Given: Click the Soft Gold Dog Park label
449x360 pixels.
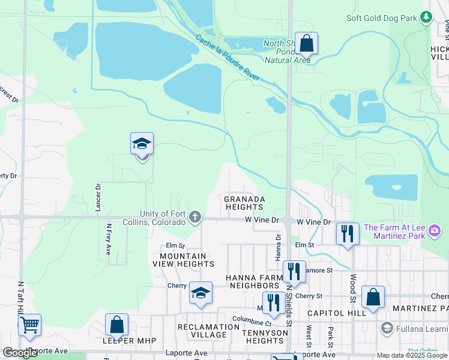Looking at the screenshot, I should [381, 18].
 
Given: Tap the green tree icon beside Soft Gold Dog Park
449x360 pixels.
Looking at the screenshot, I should [427, 17].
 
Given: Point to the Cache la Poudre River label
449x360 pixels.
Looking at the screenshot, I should [228, 58].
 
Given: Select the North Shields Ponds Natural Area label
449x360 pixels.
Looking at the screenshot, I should [288, 52].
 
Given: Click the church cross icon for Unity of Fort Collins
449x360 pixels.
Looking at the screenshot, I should [194, 217].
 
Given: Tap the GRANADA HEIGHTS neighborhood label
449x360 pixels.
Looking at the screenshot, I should [244, 203].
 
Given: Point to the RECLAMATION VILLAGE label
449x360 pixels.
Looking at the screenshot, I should [208, 331].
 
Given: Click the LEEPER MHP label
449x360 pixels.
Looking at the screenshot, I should [130, 341].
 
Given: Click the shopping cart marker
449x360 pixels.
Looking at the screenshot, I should [29, 326].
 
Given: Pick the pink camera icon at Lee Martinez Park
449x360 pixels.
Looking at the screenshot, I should [435, 231].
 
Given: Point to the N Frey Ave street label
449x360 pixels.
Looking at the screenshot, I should [109, 239].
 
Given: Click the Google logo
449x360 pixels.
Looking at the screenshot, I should [20, 353].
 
